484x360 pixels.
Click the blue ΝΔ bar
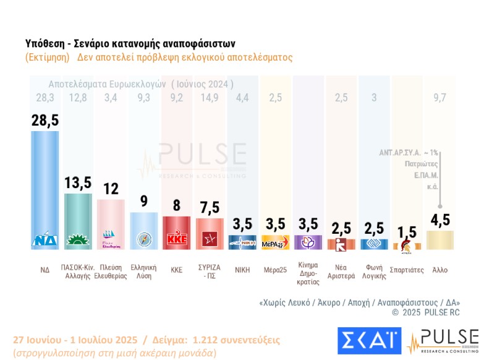[45, 186]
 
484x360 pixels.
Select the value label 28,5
[45, 120]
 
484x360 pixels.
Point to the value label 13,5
[79, 183]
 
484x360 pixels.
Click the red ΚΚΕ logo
[176, 239]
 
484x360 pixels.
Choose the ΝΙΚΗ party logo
[243, 241]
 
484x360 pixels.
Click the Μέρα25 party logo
[276, 241]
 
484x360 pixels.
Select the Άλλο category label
[440, 270]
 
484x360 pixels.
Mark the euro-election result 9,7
[439, 96]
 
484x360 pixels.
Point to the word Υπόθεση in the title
[46, 45]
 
